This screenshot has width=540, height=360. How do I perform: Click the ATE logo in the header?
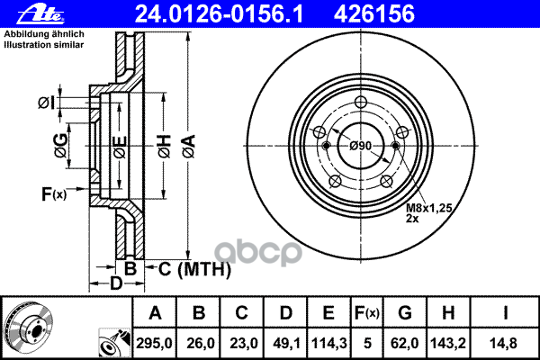coord(40,14)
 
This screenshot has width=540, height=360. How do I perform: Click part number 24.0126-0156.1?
coord(219,14)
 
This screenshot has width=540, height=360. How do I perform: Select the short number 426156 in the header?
coord(374,14)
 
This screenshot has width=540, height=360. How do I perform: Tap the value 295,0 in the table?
coord(154,343)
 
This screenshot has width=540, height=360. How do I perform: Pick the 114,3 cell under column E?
coord(328,343)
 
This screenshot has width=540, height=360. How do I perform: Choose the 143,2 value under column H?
coord(448,343)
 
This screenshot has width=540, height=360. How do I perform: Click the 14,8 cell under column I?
coord(505,343)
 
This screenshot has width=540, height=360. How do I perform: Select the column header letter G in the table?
coord(405,313)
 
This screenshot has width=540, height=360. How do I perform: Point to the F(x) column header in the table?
coord(367,313)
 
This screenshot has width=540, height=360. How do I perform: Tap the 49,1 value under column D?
coord(286,343)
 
